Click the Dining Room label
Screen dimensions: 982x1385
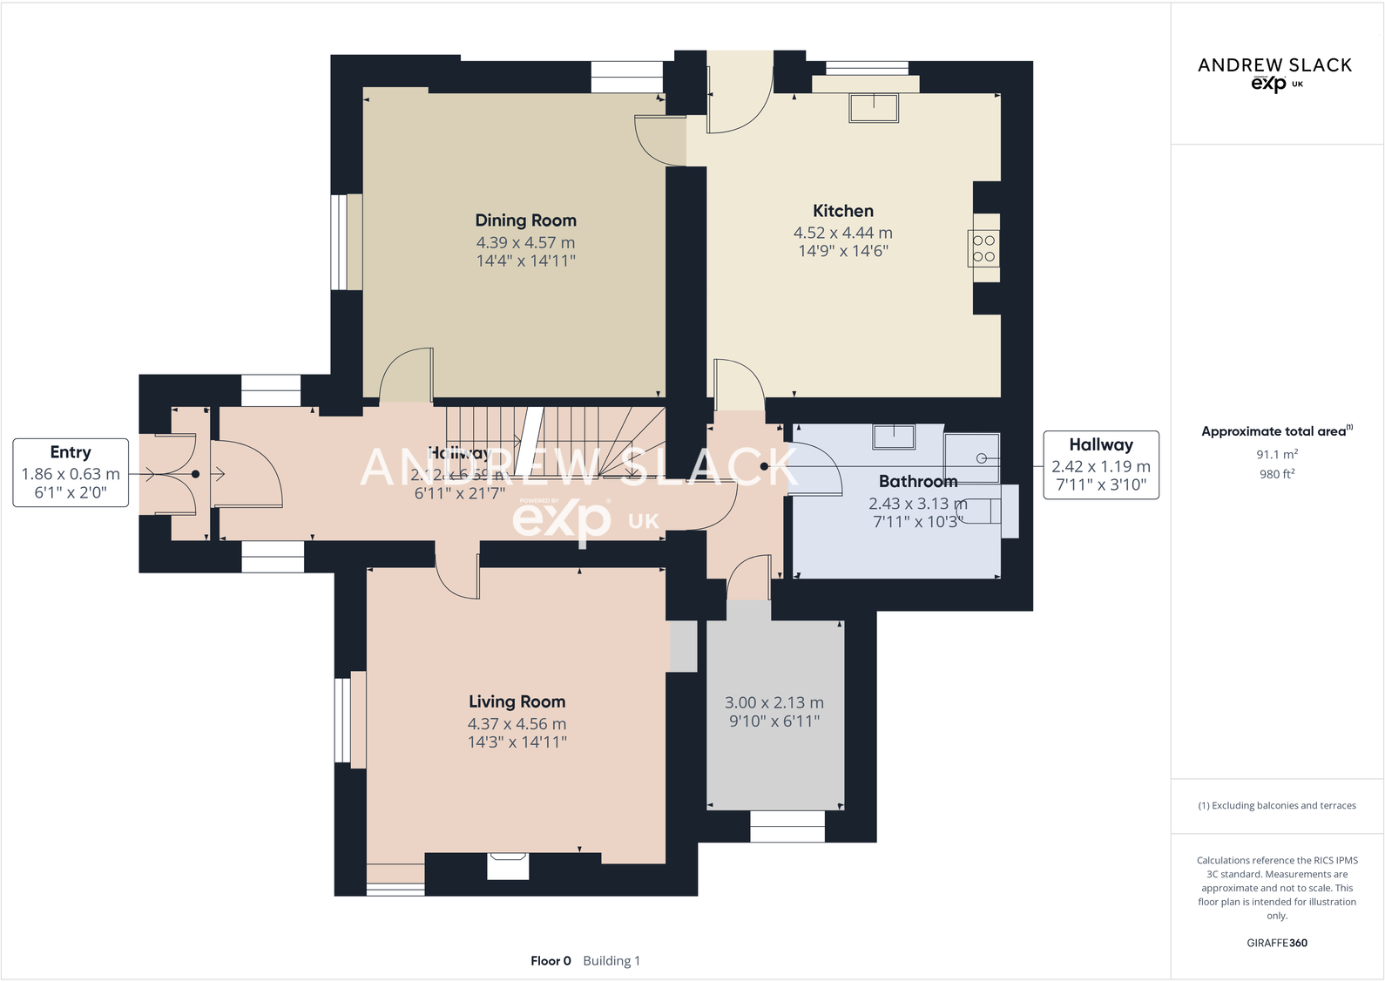click(525, 220)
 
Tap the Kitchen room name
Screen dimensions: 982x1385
click(842, 211)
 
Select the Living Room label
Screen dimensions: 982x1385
click(517, 701)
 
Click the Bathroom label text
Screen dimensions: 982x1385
click(917, 481)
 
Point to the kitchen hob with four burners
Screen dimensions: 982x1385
click(983, 248)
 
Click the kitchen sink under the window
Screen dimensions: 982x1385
click(874, 108)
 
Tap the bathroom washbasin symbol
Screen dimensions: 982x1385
click(894, 436)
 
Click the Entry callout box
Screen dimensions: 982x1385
click(71, 472)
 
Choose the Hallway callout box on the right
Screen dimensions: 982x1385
click(1100, 464)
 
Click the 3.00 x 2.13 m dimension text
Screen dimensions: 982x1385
click(774, 702)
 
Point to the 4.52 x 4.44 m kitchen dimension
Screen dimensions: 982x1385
click(842, 233)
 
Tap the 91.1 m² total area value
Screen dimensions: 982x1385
click(1276, 454)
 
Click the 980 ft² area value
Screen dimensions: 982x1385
click(1276, 474)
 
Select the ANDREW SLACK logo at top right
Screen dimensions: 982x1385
click(1274, 72)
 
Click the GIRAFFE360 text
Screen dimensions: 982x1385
click(1276, 943)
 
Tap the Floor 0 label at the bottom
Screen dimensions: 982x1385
click(551, 960)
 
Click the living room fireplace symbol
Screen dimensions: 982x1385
click(508, 865)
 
